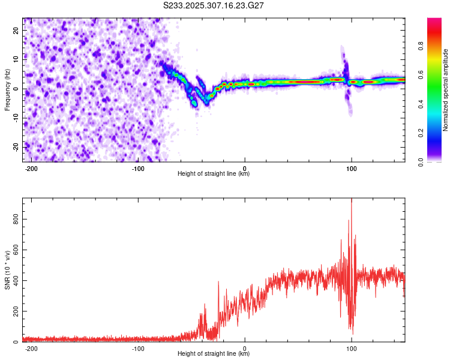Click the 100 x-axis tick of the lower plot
352,349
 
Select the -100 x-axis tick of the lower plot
138,349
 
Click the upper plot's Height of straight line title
214,175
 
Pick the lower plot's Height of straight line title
214,355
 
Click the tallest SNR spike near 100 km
352,200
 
